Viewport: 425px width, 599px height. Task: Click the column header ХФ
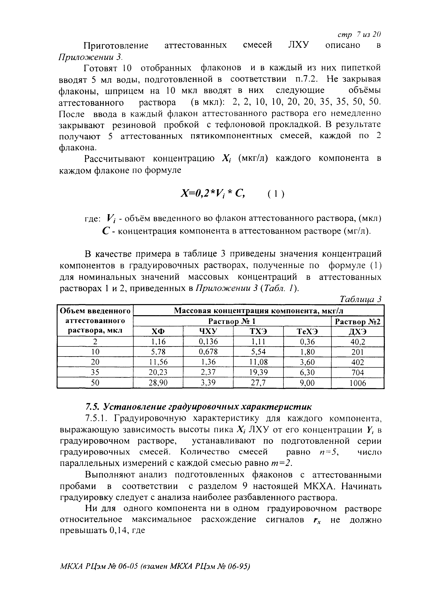(x=158, y=331)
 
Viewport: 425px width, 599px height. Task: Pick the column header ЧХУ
(x=208, y=331)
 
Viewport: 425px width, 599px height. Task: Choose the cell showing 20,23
(x=158, y=372)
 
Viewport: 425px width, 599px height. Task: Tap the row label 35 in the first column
(x=95, y=372)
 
